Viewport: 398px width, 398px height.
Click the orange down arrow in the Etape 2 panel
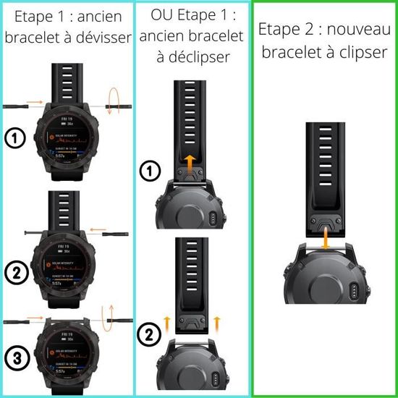325,236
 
